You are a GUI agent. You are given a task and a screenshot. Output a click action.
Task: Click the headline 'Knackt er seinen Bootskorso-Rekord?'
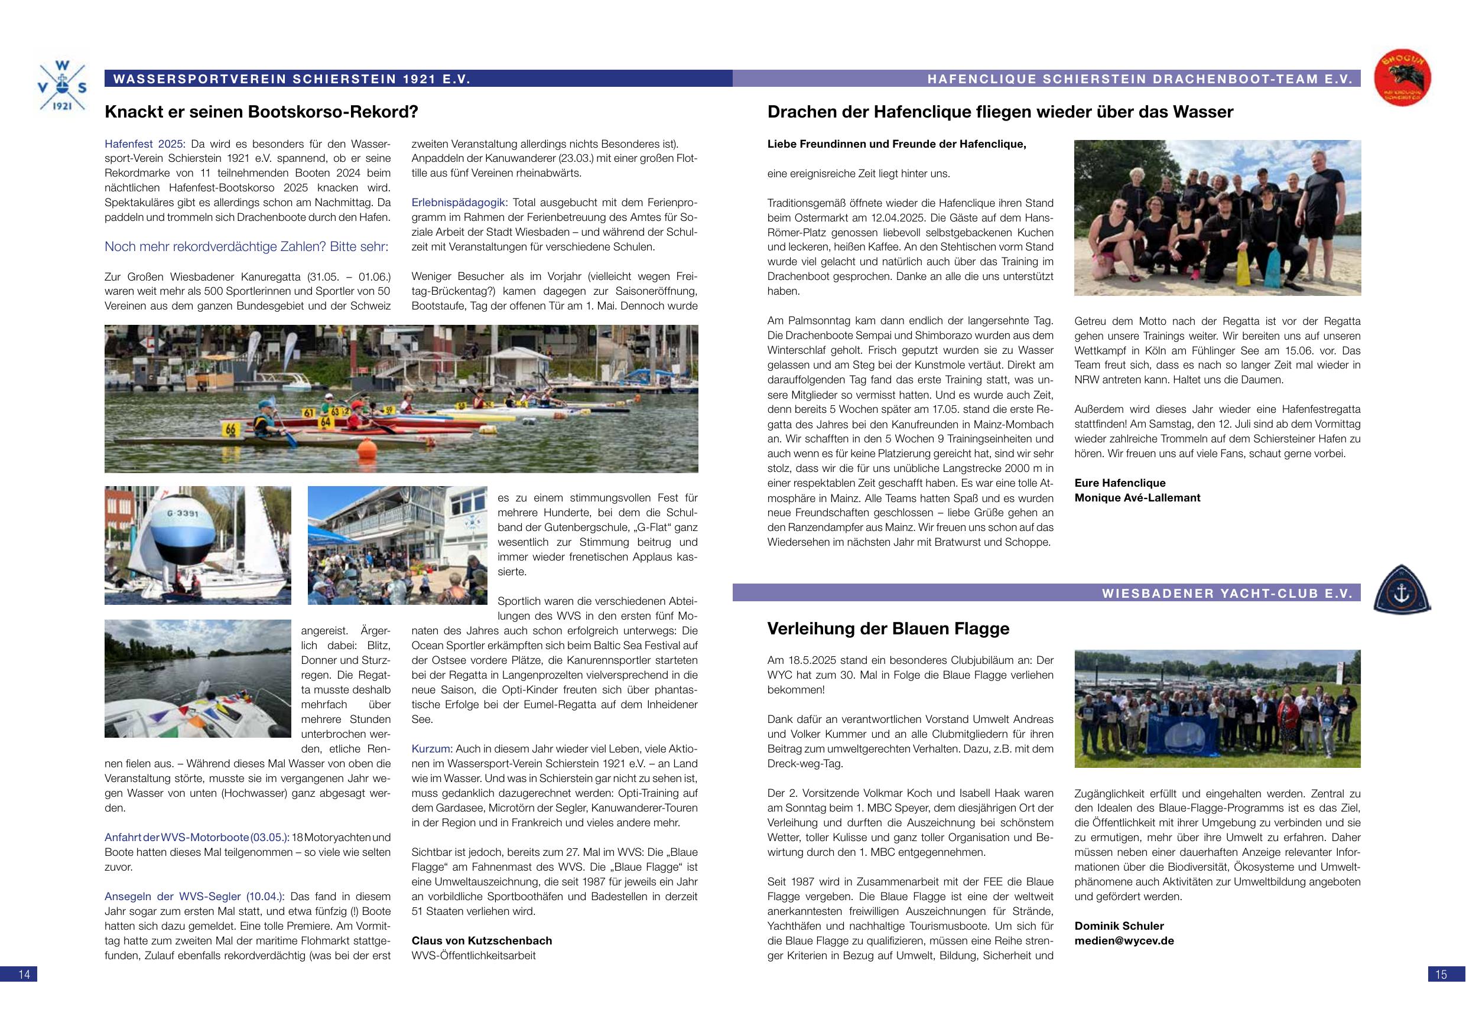click(261, 112)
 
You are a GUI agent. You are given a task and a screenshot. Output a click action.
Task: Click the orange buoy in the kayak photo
click(367, 448)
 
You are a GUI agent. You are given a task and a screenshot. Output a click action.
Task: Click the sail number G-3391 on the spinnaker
click(183, 514)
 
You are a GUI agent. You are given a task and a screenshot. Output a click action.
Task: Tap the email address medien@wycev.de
click(1124, 940)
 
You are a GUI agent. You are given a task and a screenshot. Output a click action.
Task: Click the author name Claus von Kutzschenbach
click(482, 940)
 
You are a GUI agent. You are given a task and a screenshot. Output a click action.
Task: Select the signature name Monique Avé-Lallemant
click(1137, 498)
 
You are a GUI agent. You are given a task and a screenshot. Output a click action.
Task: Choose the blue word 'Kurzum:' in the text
click(431, 749)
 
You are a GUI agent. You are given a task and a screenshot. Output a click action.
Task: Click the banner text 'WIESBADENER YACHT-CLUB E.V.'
click(1227, 593)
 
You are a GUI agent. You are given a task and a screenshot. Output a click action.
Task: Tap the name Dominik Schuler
click(1119, 926)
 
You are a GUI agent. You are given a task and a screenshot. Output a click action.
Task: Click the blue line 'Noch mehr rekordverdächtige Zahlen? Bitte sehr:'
click(246, 246)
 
